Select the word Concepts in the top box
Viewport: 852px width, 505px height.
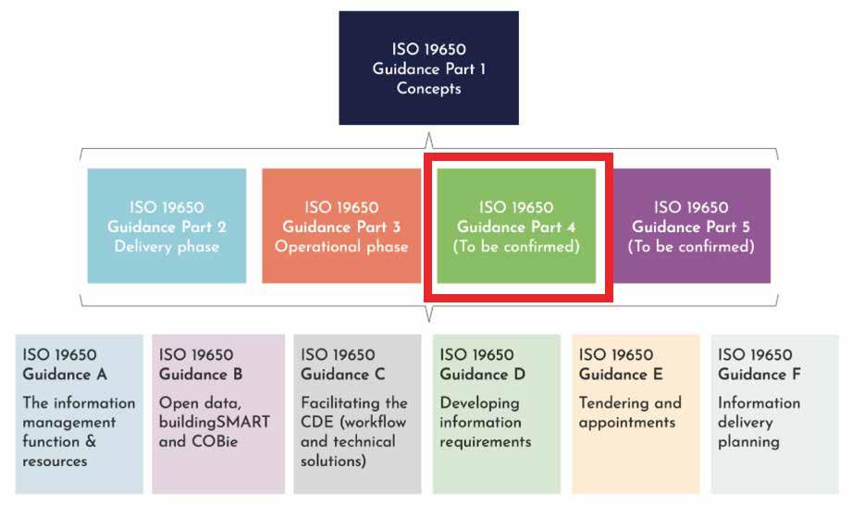coord(428,89)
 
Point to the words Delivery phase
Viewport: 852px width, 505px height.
coord(167,247)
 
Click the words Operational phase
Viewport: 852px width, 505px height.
coord(341,247)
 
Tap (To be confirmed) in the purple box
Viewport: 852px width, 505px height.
coord(691,247)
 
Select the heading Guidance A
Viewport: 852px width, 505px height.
coord(65,375)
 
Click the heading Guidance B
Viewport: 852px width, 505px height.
coord(201,375)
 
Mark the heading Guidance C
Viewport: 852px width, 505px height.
coord(343,375)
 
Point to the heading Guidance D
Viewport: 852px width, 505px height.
coord(482,375)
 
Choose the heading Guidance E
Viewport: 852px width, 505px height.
coord(621,375)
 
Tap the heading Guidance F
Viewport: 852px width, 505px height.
coord(759,375)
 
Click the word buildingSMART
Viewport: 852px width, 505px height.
coord(215,423)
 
